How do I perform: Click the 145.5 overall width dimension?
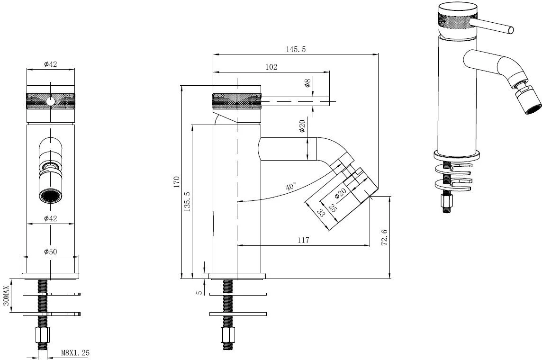pyautogui.click(x=296, y=49)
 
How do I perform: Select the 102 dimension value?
pyautogui.click(x=271, y=67)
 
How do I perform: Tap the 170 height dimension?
pyautogui.click(x=177, y=182)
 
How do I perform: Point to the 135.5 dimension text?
pyautogui.click(x=187, y=201)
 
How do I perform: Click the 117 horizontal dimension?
pyautogui.click(x=303, y=240)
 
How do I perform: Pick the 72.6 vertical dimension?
pyautogui.click(x=384, y=238)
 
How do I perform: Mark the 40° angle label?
pyautogui.click(x=291, y=187)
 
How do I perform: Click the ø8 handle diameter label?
pyautogui.click(x=307, y=83)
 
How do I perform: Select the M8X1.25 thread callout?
pyautogui.click(x=75, y=353)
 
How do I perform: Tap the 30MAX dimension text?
pyautogui.click(x=6, y=297)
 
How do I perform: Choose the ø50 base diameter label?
pyautogui.click(x=51, y=252)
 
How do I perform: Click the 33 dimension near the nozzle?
pyautogui.click(x=321, y=213)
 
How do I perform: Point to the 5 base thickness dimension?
pyautogui.click(x=199, y=292)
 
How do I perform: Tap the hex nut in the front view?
pyautogui.click(x=43, y=334)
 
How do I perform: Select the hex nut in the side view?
pyautogui.click(x=228, y=334)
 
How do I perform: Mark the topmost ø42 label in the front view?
pyautogui.click(x=51, y=64)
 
